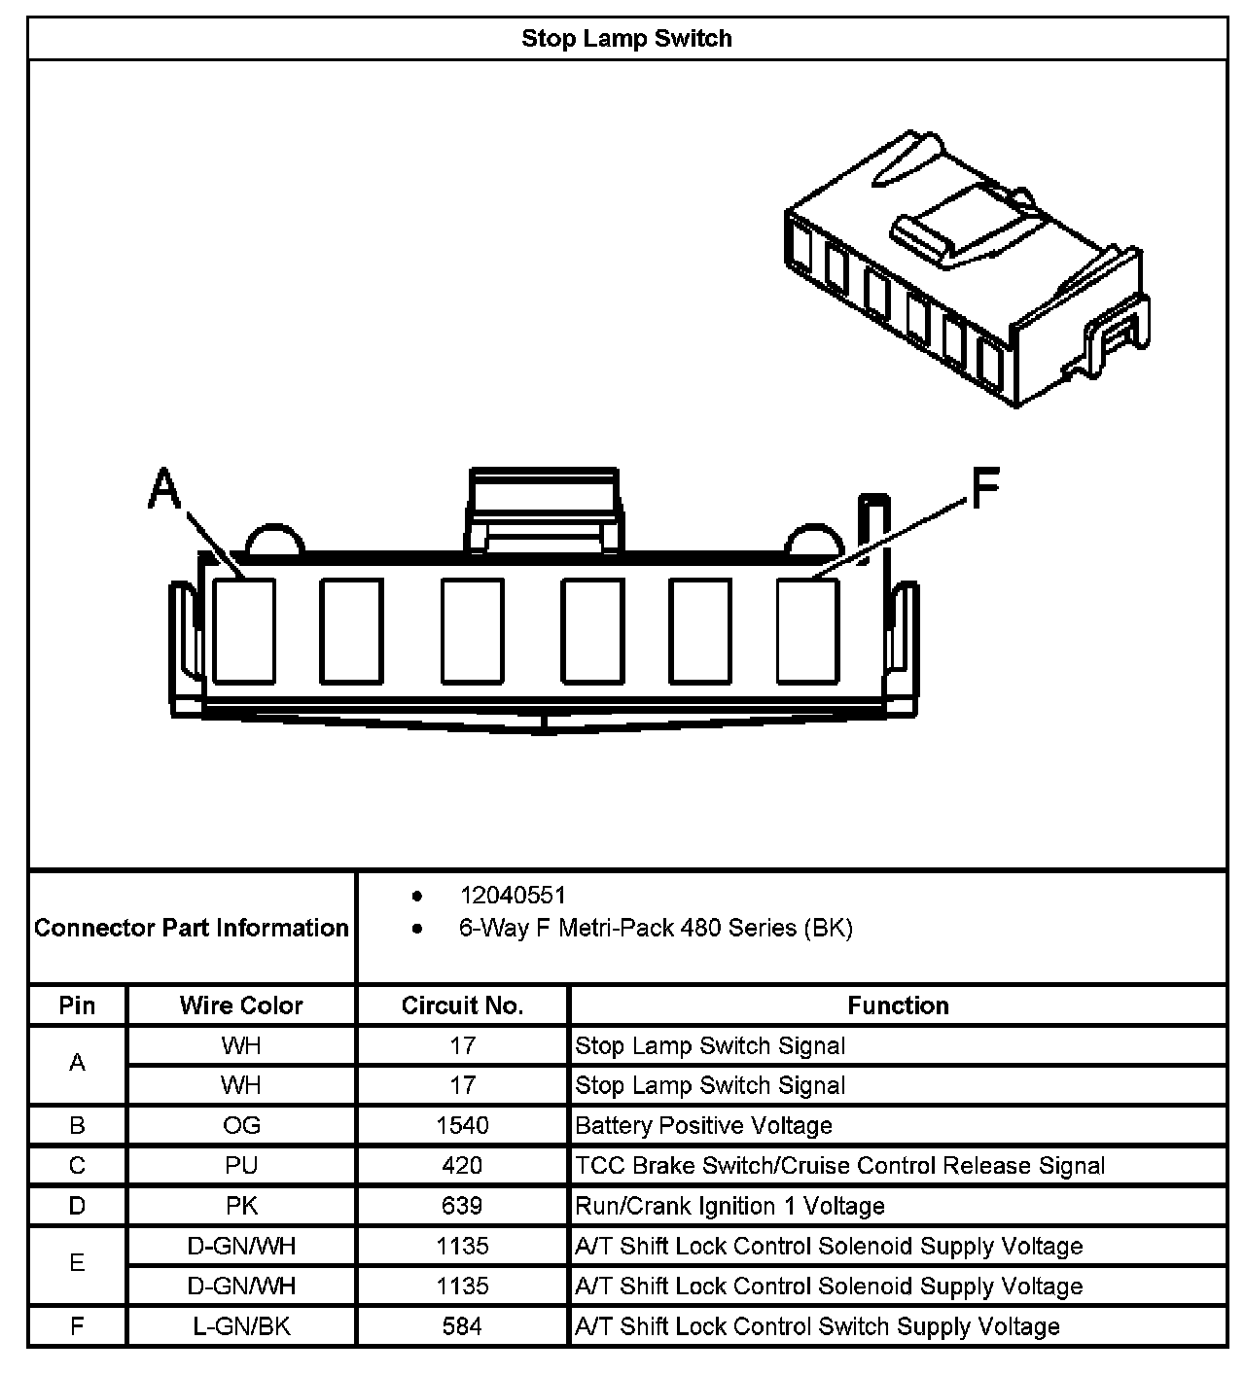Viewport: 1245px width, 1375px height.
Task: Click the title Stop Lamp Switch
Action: pos(626,39)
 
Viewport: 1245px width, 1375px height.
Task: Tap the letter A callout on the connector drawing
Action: pos(165,488)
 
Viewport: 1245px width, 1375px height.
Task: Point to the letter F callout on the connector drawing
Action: pos(985,488)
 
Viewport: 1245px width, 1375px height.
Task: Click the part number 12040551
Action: pos(512,895)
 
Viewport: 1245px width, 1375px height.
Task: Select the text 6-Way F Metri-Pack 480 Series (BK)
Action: pos(655,928)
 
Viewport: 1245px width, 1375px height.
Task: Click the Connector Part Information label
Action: pos(192,928)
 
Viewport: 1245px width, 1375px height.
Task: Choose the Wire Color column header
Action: pos(241,1005)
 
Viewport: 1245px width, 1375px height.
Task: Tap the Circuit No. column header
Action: pos(462,1005)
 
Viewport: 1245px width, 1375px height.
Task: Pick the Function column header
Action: pos(898,1005)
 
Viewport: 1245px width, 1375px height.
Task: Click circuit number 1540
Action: pos(462,1126)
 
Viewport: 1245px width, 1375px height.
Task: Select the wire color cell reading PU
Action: pos(241,1166)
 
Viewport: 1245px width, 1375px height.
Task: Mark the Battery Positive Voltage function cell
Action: pos(703,1126)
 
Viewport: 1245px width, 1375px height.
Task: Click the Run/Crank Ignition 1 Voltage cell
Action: pos(729,1207)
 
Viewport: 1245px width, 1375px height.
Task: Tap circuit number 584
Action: pos(462,1326)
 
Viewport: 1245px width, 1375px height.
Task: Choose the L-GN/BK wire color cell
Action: pos(241,1326)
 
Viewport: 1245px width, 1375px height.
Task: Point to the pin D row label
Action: pos(77,1207)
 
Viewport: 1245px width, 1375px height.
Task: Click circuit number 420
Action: pos(462,1166)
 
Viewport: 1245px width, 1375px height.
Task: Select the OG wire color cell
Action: pos(241,1126)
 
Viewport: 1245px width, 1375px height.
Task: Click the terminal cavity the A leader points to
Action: pos(244,630)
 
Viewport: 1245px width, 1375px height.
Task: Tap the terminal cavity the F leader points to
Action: pos(807,630)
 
